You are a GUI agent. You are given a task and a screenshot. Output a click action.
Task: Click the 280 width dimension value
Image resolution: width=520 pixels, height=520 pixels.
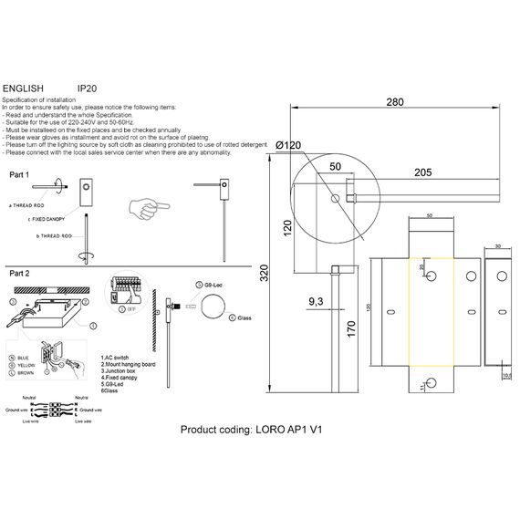(394, 102)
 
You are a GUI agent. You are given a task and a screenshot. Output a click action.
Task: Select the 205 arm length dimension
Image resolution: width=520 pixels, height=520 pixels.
(422, 172)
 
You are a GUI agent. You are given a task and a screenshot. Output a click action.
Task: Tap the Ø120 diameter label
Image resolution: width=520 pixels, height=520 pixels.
(287, 146)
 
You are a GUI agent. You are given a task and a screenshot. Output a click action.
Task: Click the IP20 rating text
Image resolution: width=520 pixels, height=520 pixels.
(88, 88)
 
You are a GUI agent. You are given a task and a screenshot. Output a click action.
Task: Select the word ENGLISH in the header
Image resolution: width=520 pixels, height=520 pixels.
(23, 88)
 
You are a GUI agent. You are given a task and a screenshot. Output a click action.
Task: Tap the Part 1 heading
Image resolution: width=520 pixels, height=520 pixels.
(19, 173)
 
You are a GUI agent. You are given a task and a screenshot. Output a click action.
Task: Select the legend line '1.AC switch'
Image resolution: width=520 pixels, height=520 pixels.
(118, 357)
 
